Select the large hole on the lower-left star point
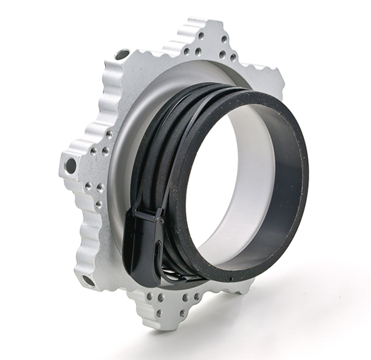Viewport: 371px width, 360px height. pyautogui.click(x=87, y=280)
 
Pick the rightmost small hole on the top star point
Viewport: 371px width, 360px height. pyautogui.click(x=233, y=58)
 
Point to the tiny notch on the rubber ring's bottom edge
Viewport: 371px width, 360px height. pyautogui.click(x=231, y=279)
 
